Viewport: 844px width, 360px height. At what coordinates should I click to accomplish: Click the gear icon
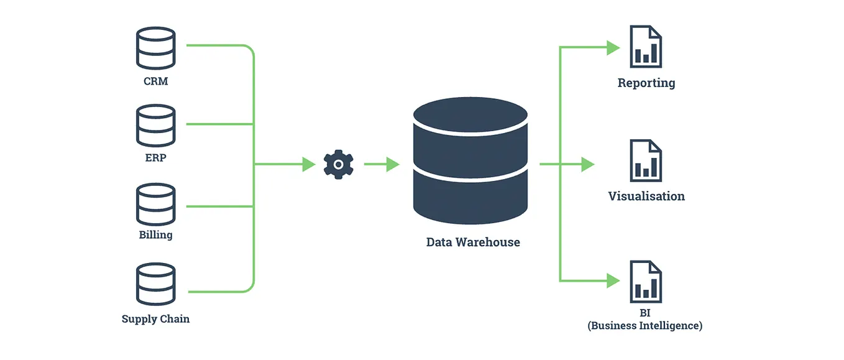point(339,165)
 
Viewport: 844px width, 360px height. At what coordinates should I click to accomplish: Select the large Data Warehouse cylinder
point(470,160)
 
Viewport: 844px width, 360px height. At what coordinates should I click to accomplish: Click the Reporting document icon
point(646,47)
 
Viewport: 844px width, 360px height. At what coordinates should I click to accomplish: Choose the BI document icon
point(646,282)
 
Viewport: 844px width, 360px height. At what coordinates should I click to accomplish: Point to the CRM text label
point(155,81)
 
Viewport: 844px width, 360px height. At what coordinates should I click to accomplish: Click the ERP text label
point(155,158)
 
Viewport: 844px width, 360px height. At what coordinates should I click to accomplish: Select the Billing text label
point(155,235)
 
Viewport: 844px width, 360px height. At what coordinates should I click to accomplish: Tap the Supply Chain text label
point(155,319)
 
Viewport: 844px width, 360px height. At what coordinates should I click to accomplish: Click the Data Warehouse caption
point(473,242)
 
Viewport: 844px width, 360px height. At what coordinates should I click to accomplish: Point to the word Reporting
point(646,83)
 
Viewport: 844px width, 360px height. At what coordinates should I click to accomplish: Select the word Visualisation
point(646,196)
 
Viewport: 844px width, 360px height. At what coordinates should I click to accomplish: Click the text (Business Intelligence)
point(645,326)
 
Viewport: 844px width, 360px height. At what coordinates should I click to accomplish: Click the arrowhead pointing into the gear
point(309,165)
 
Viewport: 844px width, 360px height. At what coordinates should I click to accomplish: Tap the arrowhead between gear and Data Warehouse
point(392,165)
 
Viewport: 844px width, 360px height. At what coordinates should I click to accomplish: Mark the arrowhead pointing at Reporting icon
point(613,47)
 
